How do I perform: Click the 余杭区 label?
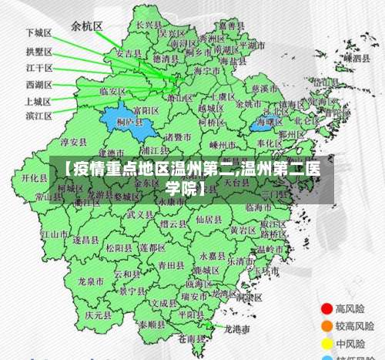(86, 25)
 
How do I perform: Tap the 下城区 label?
(38, 33)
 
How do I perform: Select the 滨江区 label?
(38, 116)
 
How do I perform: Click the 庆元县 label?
(99, 315)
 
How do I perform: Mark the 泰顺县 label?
(152, 325)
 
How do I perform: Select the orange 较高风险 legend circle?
(326, 326)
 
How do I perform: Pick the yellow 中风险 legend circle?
(326, 343)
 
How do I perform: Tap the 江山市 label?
(55, 234)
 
